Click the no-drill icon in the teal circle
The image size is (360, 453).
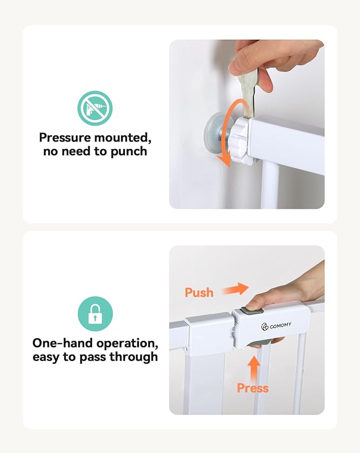point(95,108)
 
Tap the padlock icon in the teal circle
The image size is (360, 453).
point(95,314)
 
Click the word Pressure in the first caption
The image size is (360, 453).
point(65,137)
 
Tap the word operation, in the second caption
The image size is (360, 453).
point(127,343)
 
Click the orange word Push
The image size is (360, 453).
point(199,292)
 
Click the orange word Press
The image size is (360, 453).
point(253,388)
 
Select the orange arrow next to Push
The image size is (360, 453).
point(235,289)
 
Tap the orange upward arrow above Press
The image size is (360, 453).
point(254,369)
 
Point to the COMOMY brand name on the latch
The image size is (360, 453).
point(280,325)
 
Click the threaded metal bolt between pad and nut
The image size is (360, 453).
point(225,135)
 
